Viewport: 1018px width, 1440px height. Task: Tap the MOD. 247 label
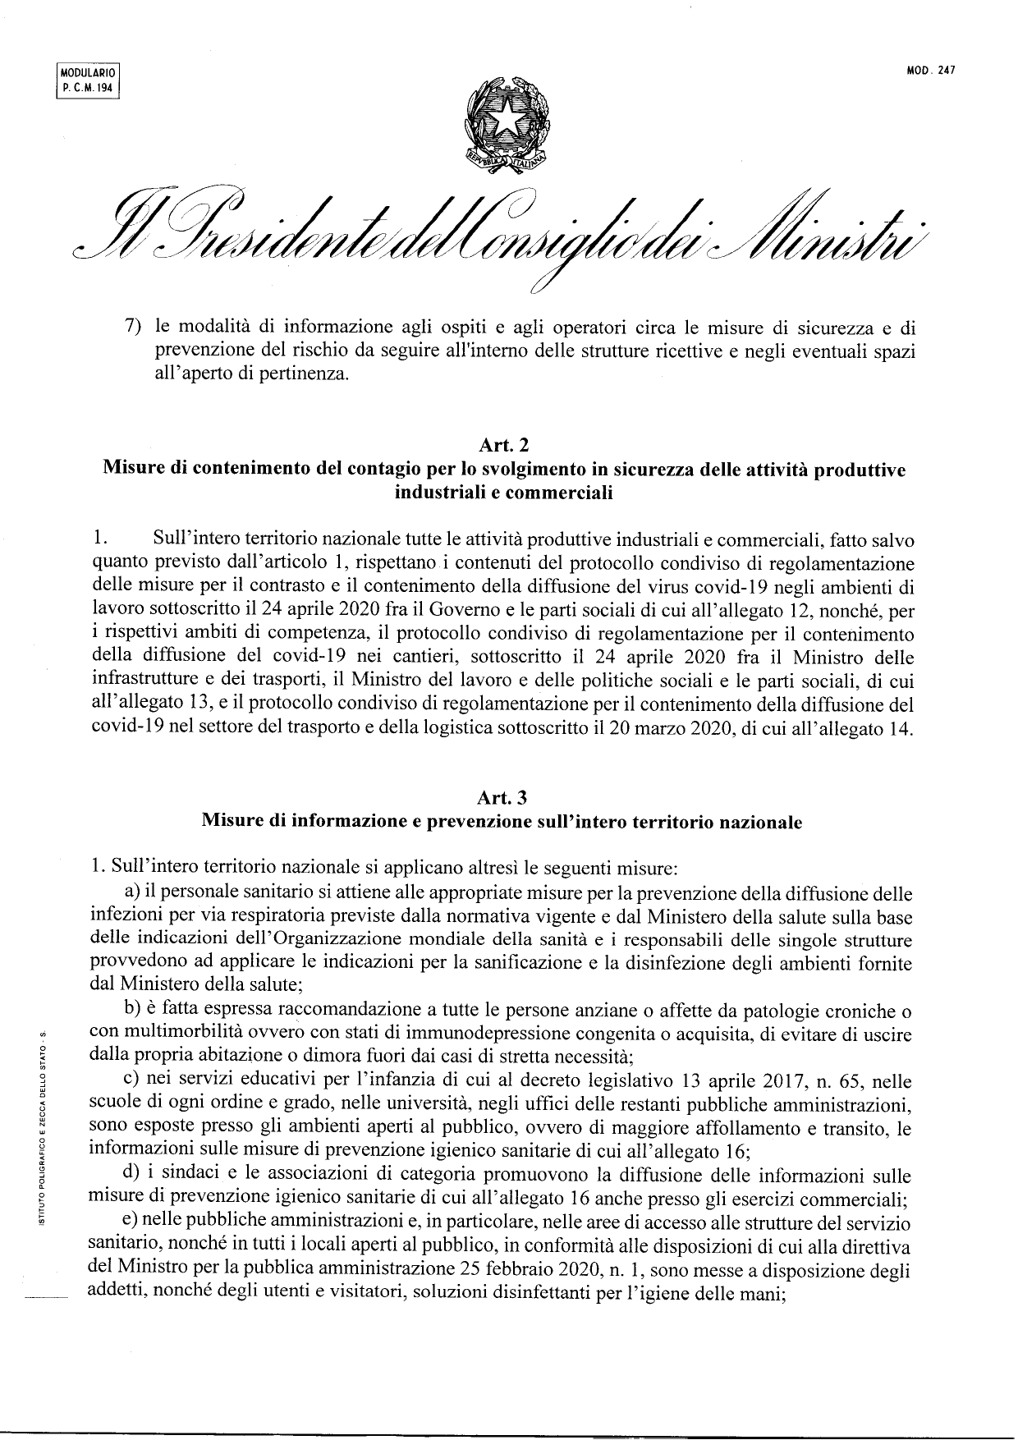pyautogui.click(x=932, y=71)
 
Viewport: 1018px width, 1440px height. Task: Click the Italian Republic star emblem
pyautogui.click(x=507, y=122)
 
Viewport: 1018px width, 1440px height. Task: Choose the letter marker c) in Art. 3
pyautogui.click(x=130, y=1082)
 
